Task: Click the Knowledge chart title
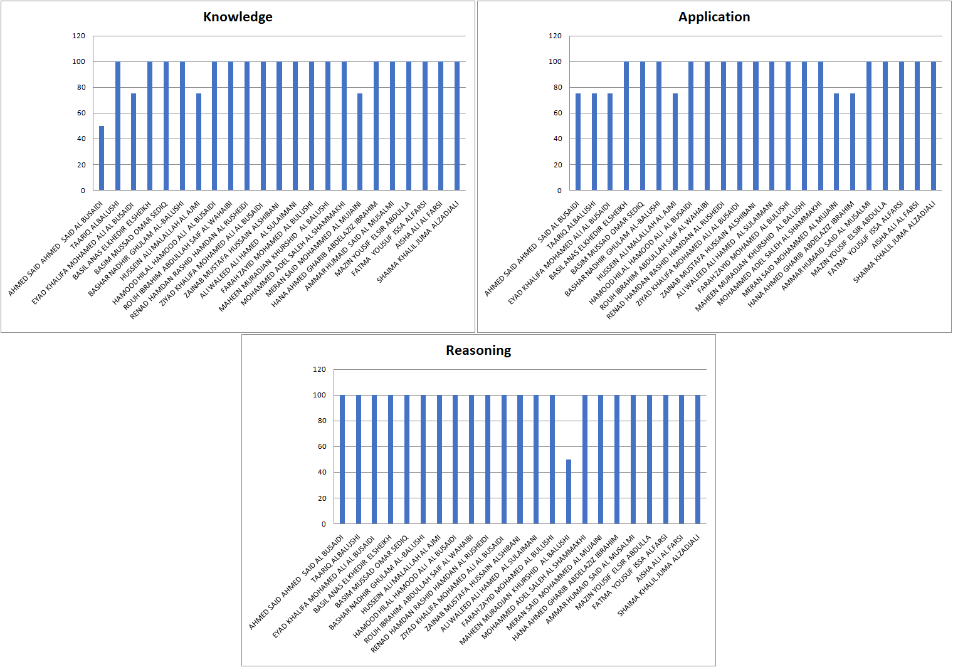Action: tap(238, 17)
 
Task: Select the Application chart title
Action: tap(713, 17)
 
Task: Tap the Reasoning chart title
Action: tap(478, 350)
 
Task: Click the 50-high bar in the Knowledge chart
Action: tap(102, 158)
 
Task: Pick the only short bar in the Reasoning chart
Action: tap(569, 491)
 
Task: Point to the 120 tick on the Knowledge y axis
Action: tap(78, 36)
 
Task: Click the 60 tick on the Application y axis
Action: tap(557, 113)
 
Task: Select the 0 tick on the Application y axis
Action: tap(559, 191)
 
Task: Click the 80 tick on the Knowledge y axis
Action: tap(81, 88)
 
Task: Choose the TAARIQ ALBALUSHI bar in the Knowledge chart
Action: tap(118, 125)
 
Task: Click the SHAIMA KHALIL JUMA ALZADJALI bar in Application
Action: tap(934, 125)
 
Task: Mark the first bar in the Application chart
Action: tap(578, 142)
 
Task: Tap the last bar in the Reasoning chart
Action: tap(698, 459)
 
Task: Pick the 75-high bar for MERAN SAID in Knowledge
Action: tap(360, 142)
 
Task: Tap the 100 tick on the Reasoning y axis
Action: tap(319, 395)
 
